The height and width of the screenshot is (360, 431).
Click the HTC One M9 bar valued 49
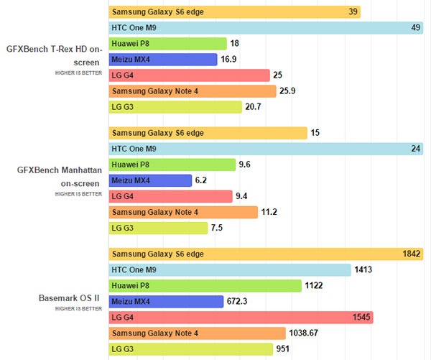(x=266, y=28)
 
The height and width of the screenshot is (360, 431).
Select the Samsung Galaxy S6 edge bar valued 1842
(x=266, y=254)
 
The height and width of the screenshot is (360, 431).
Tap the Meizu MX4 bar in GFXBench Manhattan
(x=150, y=180)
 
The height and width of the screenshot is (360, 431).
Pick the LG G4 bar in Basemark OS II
(x=241, y=318)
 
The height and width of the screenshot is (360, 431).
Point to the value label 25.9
(x=290, y=91)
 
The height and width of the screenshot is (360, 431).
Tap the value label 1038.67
(x=309, y=333)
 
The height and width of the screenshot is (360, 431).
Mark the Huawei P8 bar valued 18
(x=168, y=44)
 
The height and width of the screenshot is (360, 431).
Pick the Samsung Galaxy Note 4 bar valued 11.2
(x=183, y=212)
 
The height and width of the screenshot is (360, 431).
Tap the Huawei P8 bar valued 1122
(x=205, y=286)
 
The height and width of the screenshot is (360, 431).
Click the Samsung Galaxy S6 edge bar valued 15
(x=208, y=133)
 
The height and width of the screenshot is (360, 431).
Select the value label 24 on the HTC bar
(x=414, y=149)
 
